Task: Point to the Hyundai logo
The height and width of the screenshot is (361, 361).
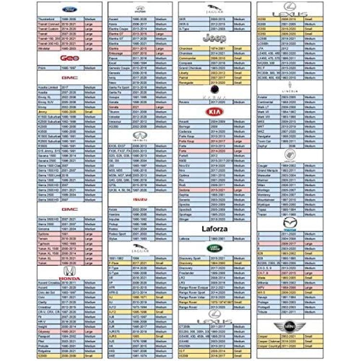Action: [x=140, y=9]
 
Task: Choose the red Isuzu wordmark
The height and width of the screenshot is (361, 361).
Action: [x=140, y=199]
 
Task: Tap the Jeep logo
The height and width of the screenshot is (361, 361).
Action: [x=211, y=38]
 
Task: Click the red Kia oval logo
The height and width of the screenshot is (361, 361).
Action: [x=211, y=112]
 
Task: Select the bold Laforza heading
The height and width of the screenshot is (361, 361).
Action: [x=211, y=229]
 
